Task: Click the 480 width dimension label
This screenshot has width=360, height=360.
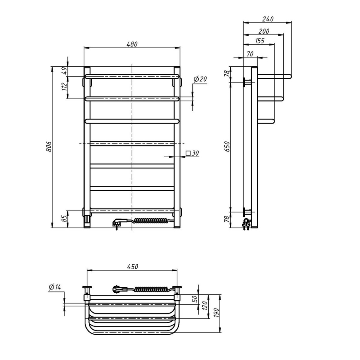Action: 132,44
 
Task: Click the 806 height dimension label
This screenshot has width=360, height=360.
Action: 49,147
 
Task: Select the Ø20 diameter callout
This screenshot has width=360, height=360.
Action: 200,79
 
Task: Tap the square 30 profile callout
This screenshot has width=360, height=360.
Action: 193,153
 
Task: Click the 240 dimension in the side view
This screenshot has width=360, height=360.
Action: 268,19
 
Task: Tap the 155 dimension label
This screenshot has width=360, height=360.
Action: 259,41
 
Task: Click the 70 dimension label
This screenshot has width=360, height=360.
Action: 250,54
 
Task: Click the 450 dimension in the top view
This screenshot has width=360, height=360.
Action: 132,266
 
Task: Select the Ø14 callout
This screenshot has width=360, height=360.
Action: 55,287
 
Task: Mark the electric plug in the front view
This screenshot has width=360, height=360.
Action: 117,223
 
